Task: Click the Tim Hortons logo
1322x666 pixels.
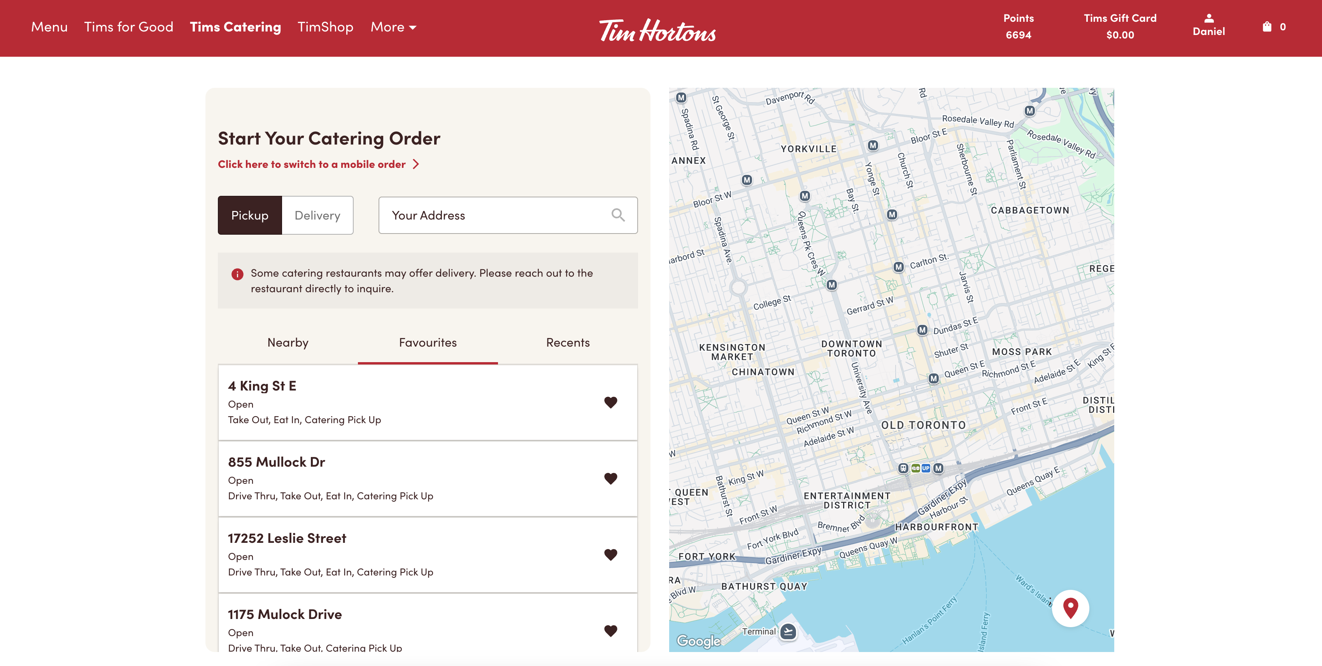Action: (x=657, y=30)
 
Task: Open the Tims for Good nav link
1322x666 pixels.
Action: (x=128, y=27)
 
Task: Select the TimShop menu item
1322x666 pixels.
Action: (x=325, y=27)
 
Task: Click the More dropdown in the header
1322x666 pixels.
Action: (x=393, y=27)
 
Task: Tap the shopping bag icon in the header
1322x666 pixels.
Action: (x=1267, y=27)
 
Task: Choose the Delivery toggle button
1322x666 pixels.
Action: (x=317, y=215)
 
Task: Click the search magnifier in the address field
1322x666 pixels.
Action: (x=618, y=215)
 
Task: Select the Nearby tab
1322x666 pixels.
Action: (x=288, y=342)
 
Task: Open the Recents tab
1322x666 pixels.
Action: (x=568, y=342)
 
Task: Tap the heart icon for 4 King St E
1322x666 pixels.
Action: (x=610, y=403)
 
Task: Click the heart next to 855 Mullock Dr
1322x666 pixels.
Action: (x=610, y=478)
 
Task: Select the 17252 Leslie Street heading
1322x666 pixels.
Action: (x=287, y=538)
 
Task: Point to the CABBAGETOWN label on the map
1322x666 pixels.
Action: (x=1029, y=210)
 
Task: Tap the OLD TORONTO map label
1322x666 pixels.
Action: (x=923, y=425)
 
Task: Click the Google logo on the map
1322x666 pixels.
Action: (x=698, y=641)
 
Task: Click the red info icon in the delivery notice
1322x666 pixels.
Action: (x=237, y=274)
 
